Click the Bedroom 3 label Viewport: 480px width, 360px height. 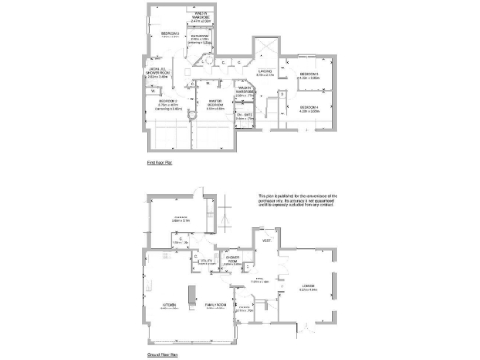coord(170,33)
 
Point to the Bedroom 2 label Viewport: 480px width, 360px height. coord(169,102)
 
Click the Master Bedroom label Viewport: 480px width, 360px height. coord(216,104)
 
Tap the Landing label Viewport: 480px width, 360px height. coord(265,71)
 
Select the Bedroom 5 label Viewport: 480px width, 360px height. coord(310,74)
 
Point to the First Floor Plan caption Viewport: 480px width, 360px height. coord(161,162)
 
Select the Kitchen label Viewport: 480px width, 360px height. coord(170,305)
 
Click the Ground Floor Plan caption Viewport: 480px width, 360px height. coord(163,356)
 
